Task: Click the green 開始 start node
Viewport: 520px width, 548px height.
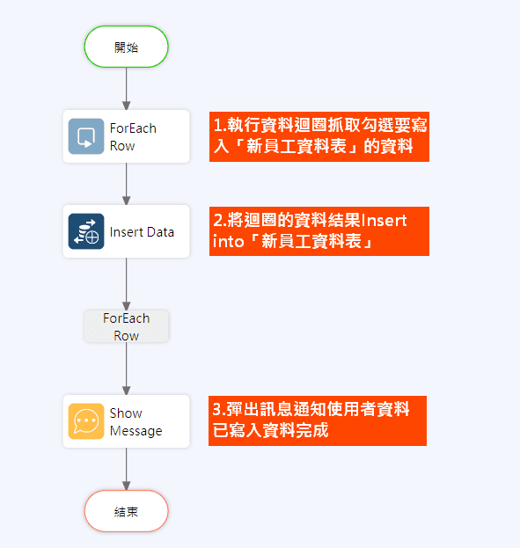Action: [126, 47]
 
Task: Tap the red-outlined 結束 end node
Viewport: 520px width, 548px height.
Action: [126, 511]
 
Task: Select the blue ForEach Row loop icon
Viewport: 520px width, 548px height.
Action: [86, 136]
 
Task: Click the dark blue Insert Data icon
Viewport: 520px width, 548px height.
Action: [86, 231]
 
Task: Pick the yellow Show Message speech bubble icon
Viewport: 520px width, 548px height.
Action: [86, 421]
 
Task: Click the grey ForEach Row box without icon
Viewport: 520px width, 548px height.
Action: [126, 326]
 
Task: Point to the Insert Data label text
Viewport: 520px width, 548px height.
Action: [142, 232]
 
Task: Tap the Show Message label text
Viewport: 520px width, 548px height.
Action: [135, 422]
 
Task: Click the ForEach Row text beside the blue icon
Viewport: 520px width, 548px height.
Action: [133, 137]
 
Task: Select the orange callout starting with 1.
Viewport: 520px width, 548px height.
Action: [319, 136]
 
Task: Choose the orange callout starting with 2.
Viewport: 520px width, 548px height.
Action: [319, 231]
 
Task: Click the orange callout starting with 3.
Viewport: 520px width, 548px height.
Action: [318, 420]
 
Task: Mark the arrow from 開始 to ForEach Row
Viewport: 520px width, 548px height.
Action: [126, 89]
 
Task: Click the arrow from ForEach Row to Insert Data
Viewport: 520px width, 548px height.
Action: [126, 184]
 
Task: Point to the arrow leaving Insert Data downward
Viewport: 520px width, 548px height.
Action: [126, 284]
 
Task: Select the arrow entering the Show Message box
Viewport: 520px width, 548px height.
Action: [126, 369]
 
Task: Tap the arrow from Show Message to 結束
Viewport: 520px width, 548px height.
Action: [126, 469]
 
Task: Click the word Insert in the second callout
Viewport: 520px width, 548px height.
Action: [384, 221]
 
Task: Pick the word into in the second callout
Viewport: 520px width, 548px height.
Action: [229, 242]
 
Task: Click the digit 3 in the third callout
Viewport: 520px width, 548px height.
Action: [216, 409]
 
